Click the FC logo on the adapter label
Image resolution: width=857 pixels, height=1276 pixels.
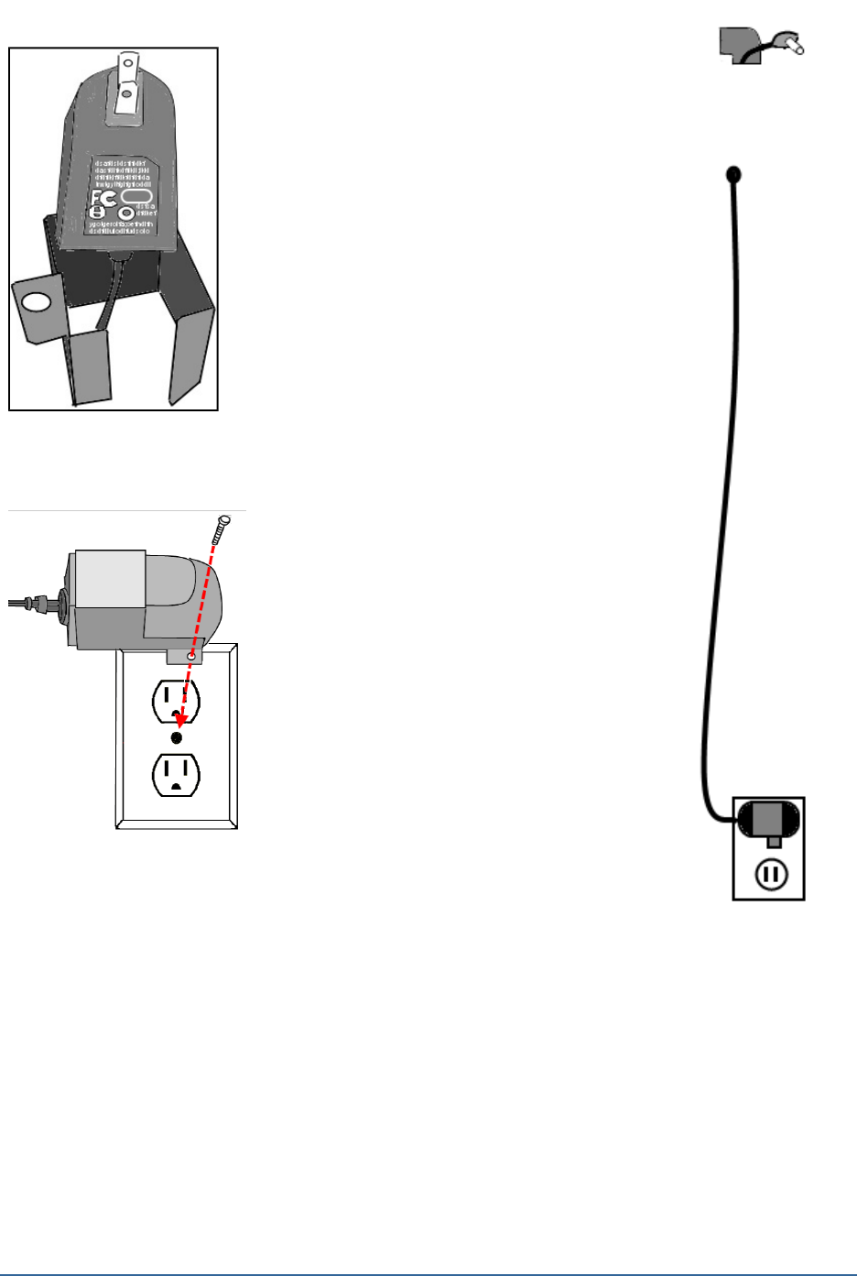(103, 199)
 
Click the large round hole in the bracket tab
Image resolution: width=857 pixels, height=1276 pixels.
(35, 301)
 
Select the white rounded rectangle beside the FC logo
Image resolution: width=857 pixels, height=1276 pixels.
(136, 197)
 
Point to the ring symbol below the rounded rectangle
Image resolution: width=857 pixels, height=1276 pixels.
(125, 214)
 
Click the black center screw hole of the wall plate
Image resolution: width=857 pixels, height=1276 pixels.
(177, 737)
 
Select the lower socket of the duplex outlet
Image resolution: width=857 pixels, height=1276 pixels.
(176, 774)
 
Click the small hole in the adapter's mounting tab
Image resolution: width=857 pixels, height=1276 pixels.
(190, 657)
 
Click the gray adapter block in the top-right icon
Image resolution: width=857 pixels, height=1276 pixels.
(735, 43)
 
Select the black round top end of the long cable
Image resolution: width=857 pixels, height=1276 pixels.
(732, 173)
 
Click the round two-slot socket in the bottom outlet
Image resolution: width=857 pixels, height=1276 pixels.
(771, 875)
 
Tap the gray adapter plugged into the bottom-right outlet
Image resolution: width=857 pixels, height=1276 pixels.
(768, 817)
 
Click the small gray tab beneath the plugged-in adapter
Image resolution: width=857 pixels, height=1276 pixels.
(775, 841)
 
